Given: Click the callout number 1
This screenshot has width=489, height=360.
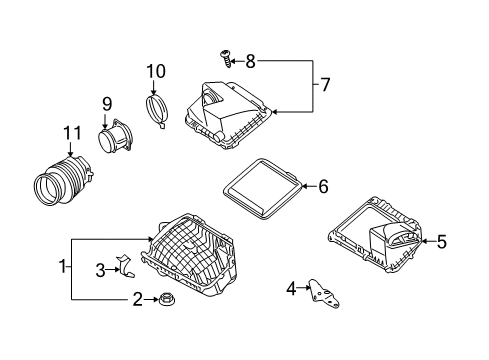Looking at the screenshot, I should pyautogui.click(x=63, y=268).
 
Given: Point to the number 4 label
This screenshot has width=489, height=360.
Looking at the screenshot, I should pyautogui.click(x=291, y=289).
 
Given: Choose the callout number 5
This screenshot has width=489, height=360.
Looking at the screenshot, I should pyautogui.click(x=442, y=239).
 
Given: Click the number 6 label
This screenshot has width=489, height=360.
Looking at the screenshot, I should pyautogui.click(x=323, y=185).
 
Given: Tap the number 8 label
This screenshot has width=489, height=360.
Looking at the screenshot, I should pyautogui.click(x=250, y=62).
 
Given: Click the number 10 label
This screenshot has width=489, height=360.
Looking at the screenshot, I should pyautogui.click(x=154, y=71).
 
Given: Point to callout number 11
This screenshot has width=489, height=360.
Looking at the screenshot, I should pyautogui.click(x=71, y=132).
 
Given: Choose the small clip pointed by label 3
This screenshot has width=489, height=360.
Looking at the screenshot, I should pyautogui.click(x=125, y=267).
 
